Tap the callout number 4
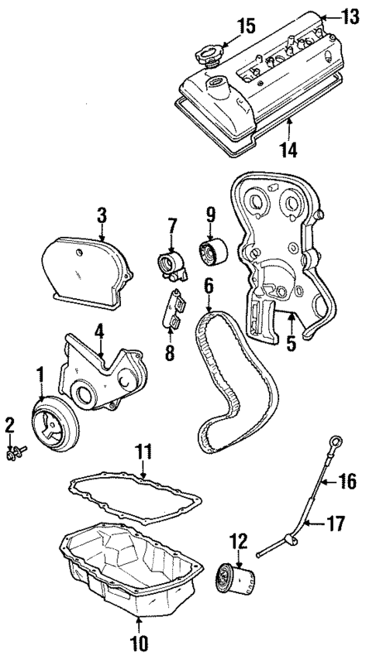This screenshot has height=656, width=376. click(x=99, y=332)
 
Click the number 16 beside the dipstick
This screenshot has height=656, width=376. click(x=347, y=482)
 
